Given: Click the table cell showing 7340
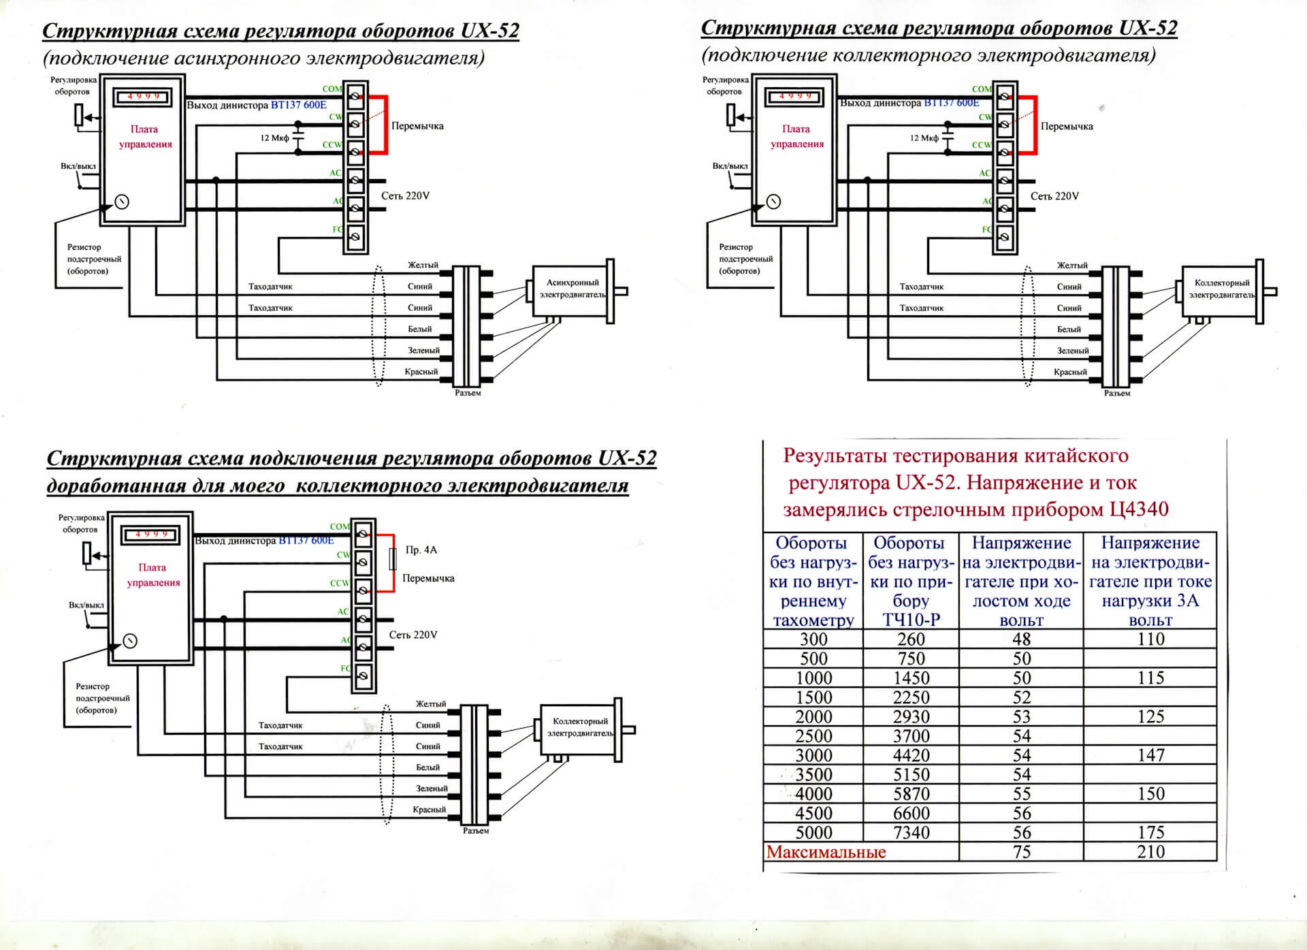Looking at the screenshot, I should point(911,832).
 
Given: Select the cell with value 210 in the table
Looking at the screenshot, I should point(1150,852).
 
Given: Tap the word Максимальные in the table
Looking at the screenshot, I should point(826,852).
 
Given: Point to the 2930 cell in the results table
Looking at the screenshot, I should point(911,716).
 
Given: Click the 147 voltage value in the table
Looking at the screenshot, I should point(1150,755).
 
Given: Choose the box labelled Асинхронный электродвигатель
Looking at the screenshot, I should point(572,289).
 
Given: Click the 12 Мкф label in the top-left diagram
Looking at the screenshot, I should point(274,138).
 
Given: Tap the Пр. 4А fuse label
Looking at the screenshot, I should point(421,550).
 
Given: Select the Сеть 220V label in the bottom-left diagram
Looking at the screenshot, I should point(413,635).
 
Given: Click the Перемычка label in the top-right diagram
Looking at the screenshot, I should point(1067,127).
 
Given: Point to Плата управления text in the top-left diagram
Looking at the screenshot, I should point(144,136).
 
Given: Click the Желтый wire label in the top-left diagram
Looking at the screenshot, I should point(423,265).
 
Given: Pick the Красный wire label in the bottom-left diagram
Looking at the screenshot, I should point(429,810).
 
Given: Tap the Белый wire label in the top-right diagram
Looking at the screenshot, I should point(1069,330).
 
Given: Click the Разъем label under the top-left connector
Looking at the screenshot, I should point(468,393).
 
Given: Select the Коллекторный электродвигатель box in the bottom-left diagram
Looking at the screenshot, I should point(580,727).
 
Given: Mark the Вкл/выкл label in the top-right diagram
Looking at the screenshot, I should point(730,166).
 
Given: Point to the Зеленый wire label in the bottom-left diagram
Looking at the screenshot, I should point(432,789).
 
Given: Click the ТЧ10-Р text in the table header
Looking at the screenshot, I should point(911,620).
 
